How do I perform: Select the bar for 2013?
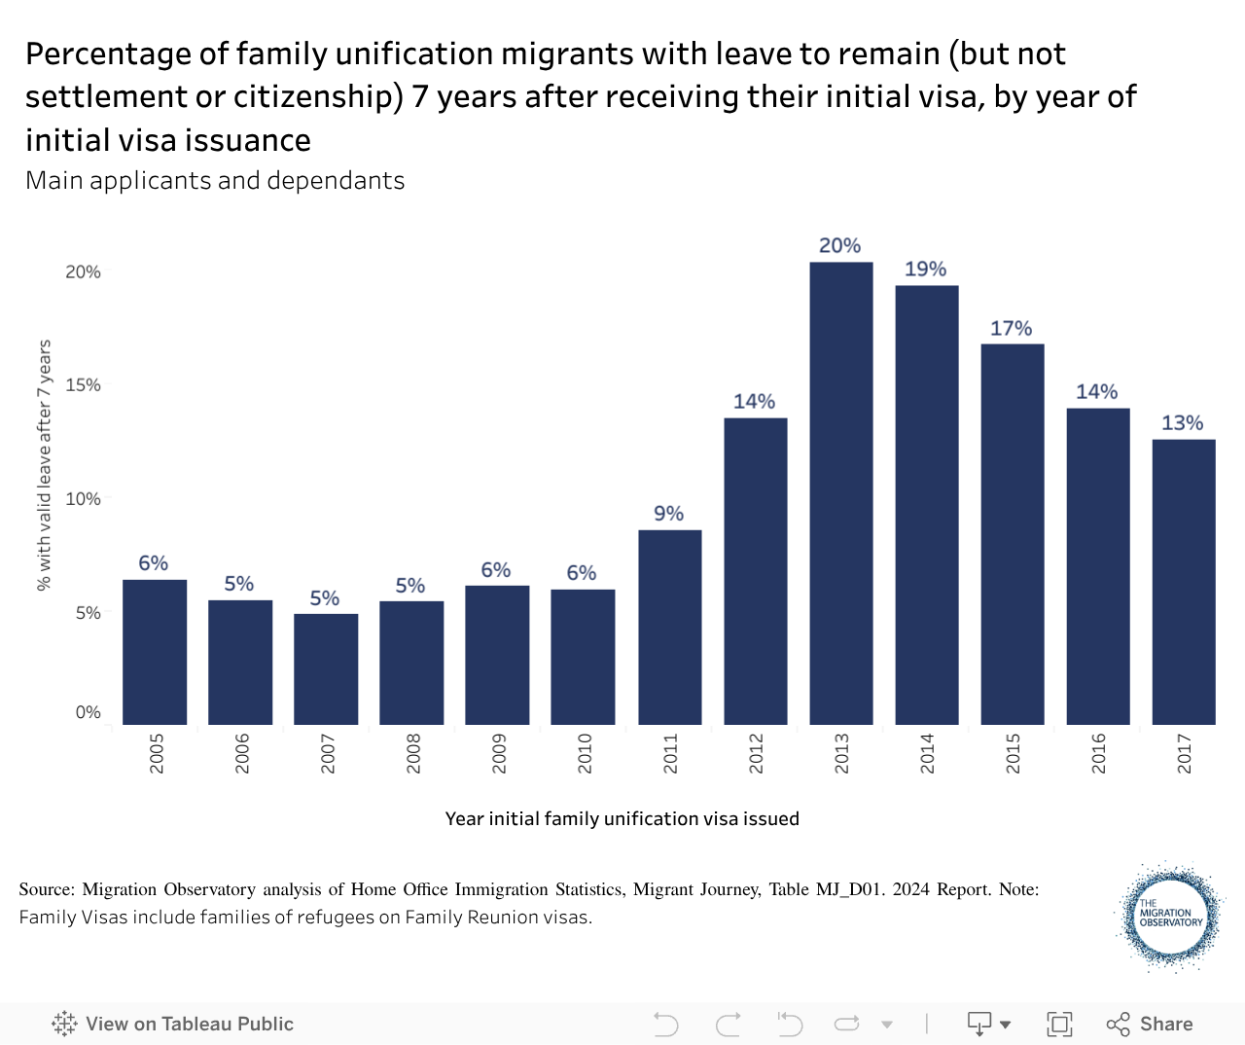[841, 493]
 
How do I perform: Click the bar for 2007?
[326, 669]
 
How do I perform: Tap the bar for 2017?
[1184, 582]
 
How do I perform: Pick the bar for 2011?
[670, 628]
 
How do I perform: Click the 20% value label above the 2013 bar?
[840, 246]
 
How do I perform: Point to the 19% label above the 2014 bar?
[925, 270]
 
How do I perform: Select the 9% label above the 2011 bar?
[669, 514]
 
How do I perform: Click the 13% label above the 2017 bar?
[1182, 423]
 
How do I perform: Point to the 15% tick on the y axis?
[84, 385]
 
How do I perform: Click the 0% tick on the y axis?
[89, 712]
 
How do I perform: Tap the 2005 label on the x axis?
[157, 754]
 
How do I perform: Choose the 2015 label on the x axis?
[1014, 754]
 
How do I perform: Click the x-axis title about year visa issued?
[622, 819]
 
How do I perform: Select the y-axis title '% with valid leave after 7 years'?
[44, 465]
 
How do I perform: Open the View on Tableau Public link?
[173, 1024]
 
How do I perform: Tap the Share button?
[1150, 1024]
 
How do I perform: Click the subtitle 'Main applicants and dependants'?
[215, 181]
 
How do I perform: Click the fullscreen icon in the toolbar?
[1059, 1024]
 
